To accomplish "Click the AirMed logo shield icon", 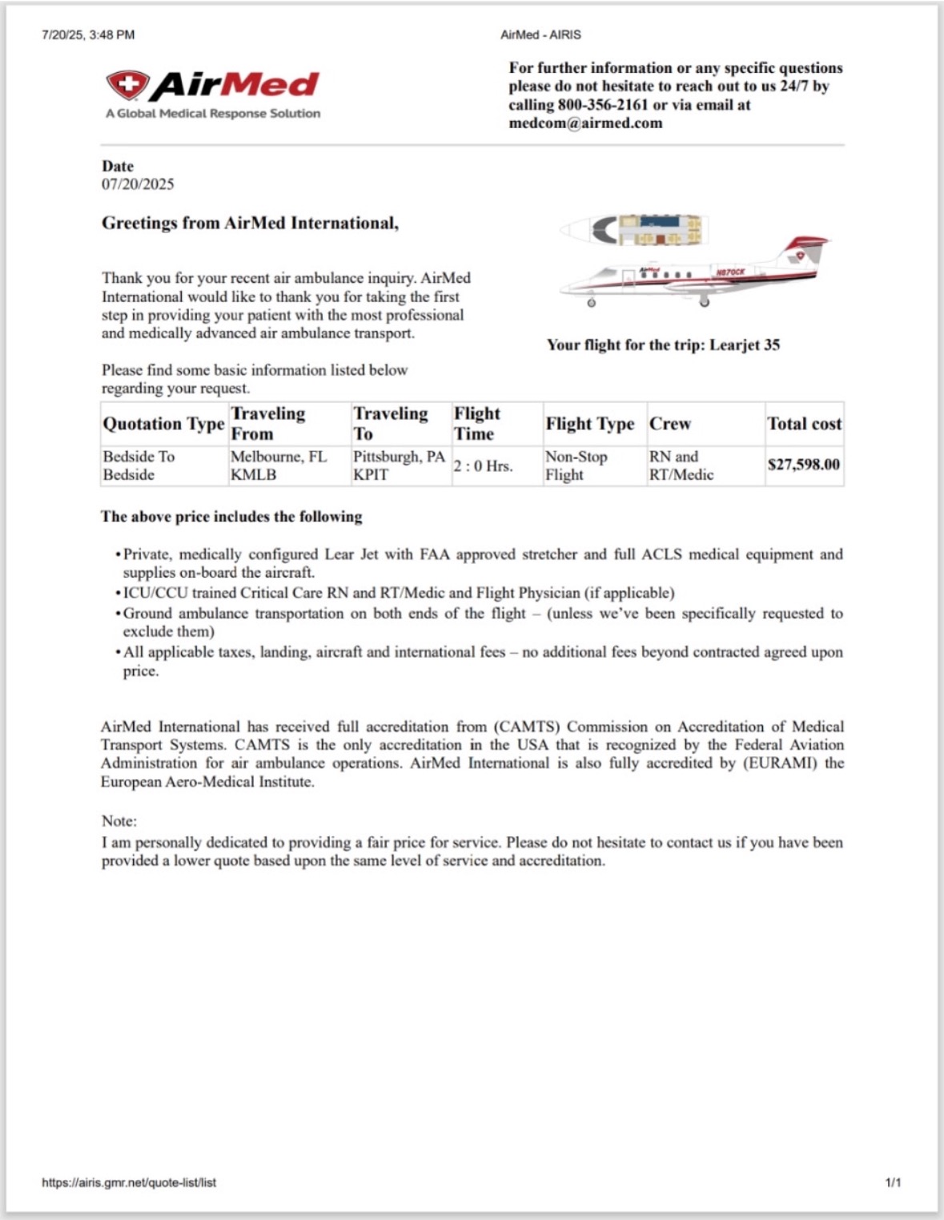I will (x=127, y=84).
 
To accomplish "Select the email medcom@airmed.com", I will (x=585, y=123).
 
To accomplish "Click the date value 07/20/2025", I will (x=138, y=184).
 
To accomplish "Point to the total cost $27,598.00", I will (x=804, y=465).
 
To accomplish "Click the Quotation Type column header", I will (x=163, y=424).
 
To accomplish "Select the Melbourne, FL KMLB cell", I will (x=279, y=465).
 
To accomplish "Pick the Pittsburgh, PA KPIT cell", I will (x=399, y=465).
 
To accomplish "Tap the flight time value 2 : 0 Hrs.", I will (x=483, y=466).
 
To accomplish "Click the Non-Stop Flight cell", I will (x=576, y=465).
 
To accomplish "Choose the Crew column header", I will (x=670, y=424).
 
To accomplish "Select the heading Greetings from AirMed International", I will (x=250, y=223).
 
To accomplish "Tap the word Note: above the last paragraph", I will (x=119, y=821).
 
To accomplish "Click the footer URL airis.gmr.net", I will (x=129, y=1182).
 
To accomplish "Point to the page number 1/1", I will (x=893, y=1182).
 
